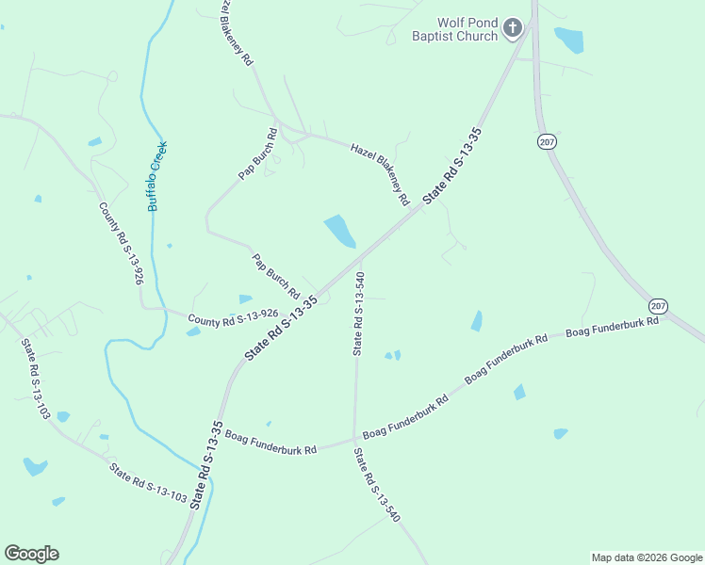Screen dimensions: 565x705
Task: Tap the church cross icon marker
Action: [513, 27]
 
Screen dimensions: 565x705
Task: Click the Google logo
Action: [31, 554]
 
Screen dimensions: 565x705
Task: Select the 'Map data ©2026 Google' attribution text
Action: [647, 557]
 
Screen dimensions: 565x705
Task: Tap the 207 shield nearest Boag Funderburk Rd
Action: [658, 306]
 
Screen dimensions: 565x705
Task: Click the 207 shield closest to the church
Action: [546, 141]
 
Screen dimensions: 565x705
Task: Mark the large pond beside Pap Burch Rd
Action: [339, 231]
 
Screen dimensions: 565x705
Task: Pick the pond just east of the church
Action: [569, 40]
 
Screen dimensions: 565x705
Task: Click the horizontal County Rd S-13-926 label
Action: [233, 319]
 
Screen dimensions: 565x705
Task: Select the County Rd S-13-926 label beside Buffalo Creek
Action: [122, 243]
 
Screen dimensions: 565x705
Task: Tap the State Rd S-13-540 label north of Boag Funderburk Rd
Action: [358, 314]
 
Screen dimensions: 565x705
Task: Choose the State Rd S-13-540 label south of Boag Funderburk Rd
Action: [377, 486]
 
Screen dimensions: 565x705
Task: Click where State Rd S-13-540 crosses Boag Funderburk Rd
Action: [354, 439]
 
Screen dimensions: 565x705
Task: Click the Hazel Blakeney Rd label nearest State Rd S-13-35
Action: [380, 174]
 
